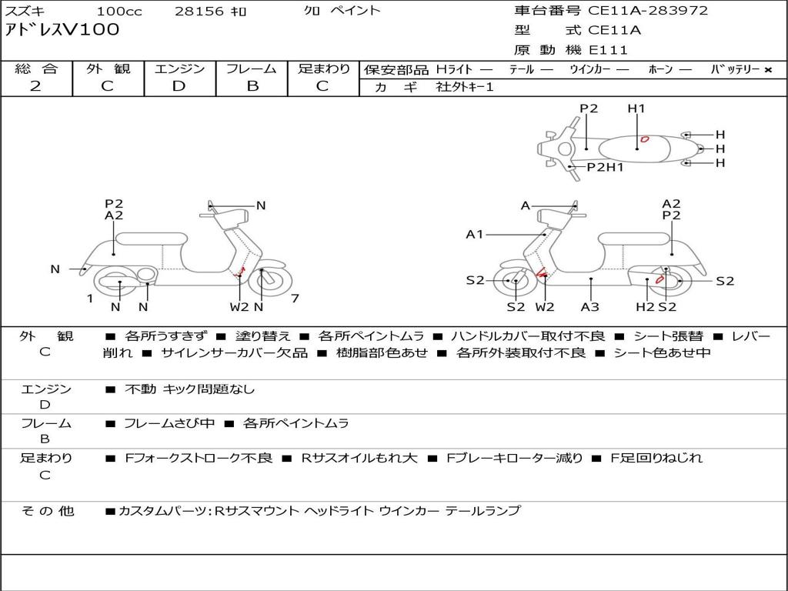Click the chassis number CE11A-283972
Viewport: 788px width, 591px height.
(648, 11)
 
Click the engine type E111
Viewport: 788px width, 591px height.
(608, 50)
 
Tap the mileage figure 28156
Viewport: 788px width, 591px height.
(199, 11)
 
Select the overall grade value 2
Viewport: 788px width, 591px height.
(35, 86)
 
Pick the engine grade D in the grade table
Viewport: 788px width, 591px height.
(179, 86)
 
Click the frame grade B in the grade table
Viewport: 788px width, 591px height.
(252, 86)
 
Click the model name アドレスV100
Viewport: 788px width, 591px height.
(62, 30)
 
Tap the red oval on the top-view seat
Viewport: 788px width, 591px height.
(644, 139)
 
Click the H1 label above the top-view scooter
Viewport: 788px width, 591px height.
(636, 108)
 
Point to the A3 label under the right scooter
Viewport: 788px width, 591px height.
(590, 306)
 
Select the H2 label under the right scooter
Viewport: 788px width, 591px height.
(645, 306)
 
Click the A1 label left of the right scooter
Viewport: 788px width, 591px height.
(474, 234)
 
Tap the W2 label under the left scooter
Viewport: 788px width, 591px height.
(239, 306)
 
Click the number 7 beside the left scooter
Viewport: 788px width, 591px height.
(295, 299)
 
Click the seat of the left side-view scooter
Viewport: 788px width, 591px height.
(152, 239)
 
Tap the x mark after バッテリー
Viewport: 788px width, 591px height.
(768, 70)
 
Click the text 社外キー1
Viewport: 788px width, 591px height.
(465, 87)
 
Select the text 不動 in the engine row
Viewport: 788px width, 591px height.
(140, 389)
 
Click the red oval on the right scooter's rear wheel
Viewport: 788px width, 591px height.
(659, 280)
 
